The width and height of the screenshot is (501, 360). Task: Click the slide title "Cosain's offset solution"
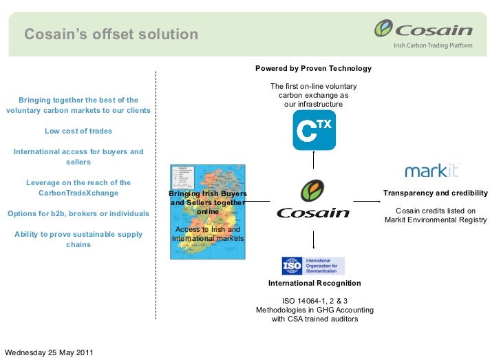click(x=111, y=34)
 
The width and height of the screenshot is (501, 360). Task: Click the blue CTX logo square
click(x=314, y=129)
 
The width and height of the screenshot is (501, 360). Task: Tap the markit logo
click(x=432, y=171)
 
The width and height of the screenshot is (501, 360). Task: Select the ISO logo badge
click(x=313, y=266)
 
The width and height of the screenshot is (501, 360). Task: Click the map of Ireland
click(x=206, y=207)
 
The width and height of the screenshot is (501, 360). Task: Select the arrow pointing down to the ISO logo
click(x=314, y=238)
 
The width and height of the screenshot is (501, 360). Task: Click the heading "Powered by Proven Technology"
click(x=313, y=69)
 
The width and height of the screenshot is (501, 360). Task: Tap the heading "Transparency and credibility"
click(x=435, y=193)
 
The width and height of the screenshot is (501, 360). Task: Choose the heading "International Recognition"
click(x=314, y=283)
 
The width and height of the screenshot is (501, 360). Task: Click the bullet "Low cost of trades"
click(x=78, y=131)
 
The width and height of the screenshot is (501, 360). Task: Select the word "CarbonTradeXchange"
click(x=78, y=193)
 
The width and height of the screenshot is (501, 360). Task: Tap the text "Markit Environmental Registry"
click(x=436, y=220)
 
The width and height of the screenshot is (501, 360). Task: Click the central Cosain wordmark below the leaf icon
click(x=313, y=213)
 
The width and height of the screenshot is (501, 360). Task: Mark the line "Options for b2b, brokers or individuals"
click(x=78, y=213)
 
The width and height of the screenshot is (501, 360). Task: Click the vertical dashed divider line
click(x=156, y=193)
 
